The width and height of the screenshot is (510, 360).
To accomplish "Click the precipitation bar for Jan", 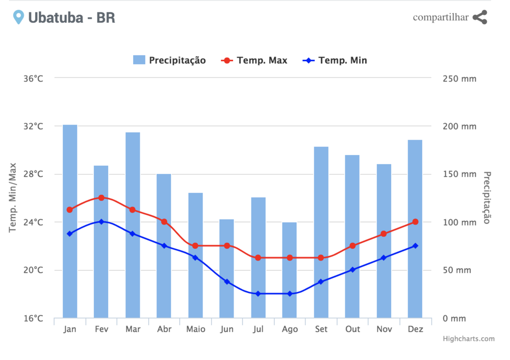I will (x=70, y=221).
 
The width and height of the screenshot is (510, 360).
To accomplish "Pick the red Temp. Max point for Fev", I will (x=101, y=197).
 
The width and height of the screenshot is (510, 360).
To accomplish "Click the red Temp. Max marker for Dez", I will (x=415, y=222).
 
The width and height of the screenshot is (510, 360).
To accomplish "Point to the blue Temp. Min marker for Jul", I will (x=258, y=294).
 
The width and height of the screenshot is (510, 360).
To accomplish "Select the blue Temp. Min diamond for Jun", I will (x=227, y=281).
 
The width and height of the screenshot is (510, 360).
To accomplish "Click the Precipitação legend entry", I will (x=169, y=60).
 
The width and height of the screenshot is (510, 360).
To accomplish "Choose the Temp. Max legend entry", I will (x=254, y=60).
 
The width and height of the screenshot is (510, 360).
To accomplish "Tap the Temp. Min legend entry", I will (x=335, y=60).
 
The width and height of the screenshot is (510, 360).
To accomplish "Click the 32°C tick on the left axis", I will (x=33, y=126).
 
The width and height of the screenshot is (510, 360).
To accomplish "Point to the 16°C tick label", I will (x=33, y=318).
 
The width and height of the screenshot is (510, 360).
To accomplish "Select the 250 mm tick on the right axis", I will (x=460, y=79).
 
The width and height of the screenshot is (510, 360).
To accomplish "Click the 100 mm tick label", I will (x=460, y=222).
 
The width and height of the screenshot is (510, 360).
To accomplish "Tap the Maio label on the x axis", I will (x=195, y=329).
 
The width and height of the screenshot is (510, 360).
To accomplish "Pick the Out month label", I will (x=352, y=329).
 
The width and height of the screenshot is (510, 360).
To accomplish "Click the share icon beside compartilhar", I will (x=479, y=17).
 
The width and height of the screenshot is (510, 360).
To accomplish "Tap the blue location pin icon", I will (x=18, y=17).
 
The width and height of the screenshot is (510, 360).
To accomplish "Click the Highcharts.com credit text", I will (x=468, y=339).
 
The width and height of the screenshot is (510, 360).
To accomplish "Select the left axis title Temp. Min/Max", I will (x=13, y=198).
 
